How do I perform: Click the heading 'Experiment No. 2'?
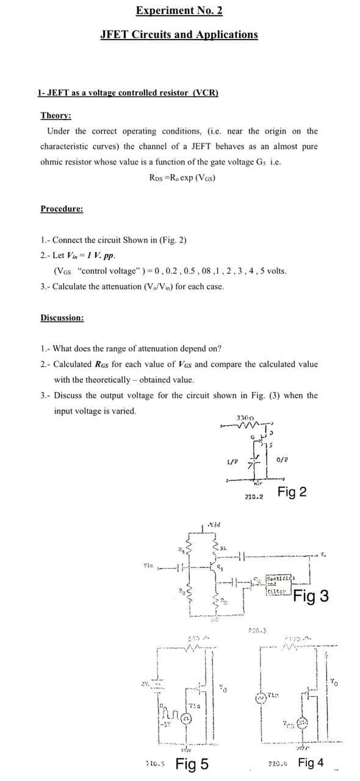pos(179,10)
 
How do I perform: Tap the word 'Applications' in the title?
pos(227,35)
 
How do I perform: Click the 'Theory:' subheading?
pos(56,116)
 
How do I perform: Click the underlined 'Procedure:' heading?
pos(62,209)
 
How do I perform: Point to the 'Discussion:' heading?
pos(62,318)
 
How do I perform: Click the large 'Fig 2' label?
pos(292,492)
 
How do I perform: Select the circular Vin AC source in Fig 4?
pos(264,698)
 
